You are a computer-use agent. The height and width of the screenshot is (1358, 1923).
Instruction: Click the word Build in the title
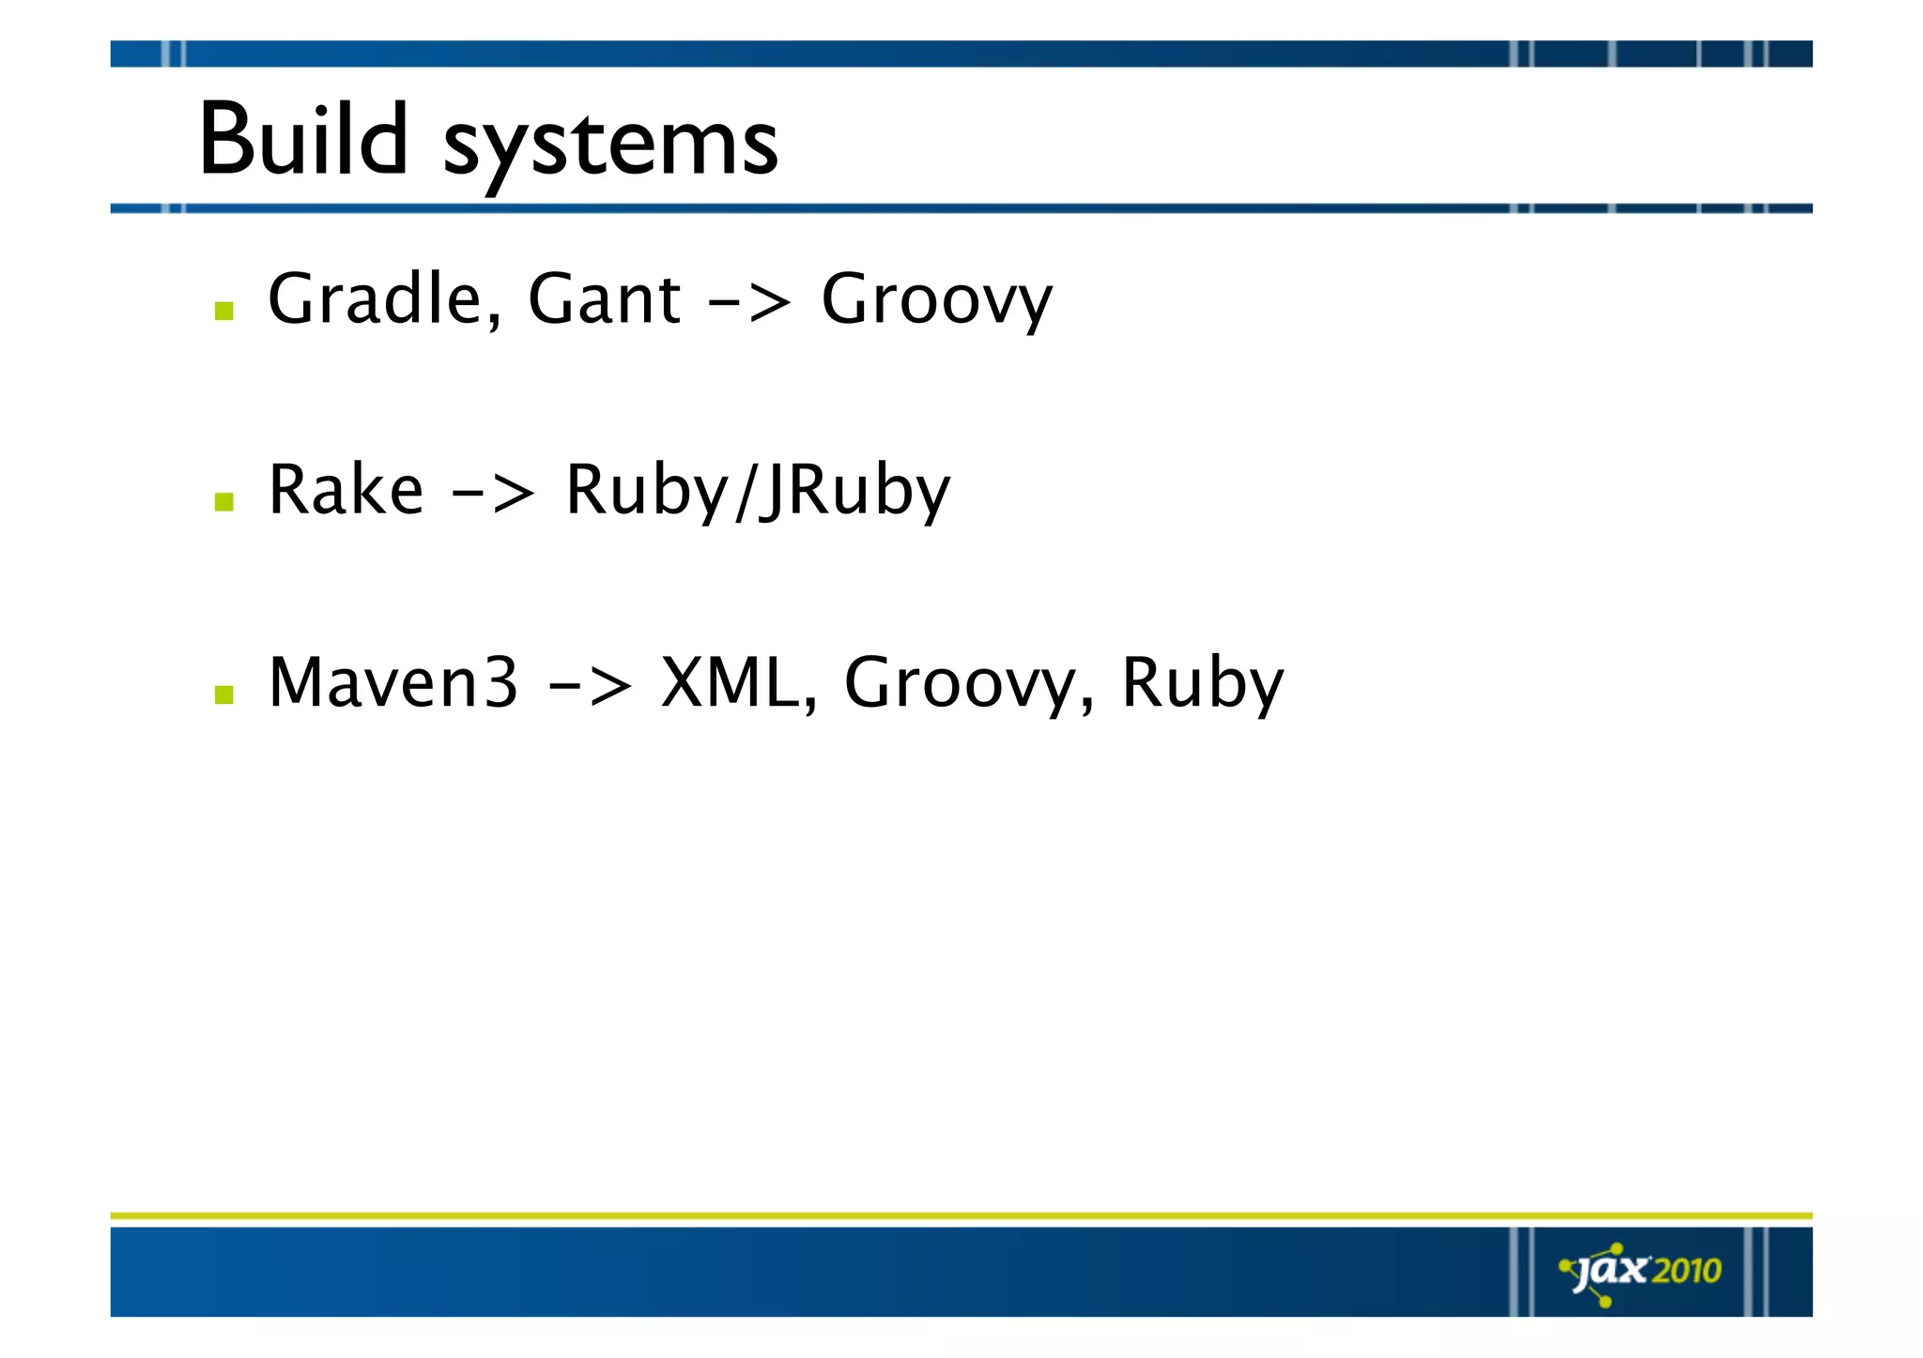(x=303, y=141)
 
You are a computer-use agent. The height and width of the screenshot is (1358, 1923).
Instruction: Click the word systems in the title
(x=610, y=145)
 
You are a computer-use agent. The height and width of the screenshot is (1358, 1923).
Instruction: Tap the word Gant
(x=604, y=299)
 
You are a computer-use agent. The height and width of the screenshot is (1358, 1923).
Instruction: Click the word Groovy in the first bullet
(x=936, y=302)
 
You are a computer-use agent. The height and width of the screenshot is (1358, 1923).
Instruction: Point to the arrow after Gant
(x=749, y=303)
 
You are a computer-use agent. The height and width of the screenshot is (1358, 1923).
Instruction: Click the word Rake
(x=346, y=491)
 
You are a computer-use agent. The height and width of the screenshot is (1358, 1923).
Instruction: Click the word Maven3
(x=392, y=682)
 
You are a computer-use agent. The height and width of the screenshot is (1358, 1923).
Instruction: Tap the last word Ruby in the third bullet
(x=1202, y=685)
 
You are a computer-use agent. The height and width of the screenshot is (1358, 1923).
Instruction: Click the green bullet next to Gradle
(x=223, y=311)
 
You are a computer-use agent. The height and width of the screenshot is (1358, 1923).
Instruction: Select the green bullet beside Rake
(x=223, y=502)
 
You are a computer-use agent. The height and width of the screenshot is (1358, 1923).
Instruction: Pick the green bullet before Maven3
(x=223, y=694)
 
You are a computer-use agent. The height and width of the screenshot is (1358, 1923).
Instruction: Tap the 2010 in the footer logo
(x=1686, y=1271)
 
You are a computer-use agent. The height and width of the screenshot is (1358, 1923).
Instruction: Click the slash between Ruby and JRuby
(x=744, y=493)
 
